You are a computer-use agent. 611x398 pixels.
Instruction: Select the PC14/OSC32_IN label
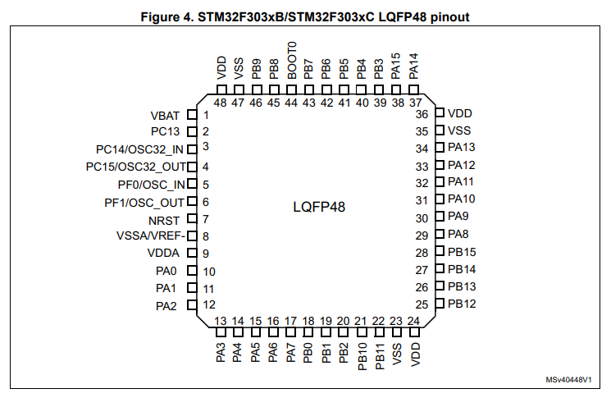coord(139,149)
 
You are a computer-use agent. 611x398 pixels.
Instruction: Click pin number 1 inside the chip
coord(206,115)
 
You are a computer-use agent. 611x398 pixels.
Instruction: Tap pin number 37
coord(414,102)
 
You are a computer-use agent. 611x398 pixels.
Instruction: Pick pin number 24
coord(414,321)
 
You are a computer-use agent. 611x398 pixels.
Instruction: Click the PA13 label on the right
coord(463,148)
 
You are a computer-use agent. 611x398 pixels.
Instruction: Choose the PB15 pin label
coord(463,253)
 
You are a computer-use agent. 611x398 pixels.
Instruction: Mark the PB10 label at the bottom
coord(362,357)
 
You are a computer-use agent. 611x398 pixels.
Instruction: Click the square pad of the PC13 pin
coord(191,131)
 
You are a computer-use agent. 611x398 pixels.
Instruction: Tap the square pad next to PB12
coord(440,304)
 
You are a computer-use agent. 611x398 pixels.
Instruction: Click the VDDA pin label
coord(163,254)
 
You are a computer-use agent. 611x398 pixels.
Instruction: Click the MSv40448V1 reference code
coord(568,381)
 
